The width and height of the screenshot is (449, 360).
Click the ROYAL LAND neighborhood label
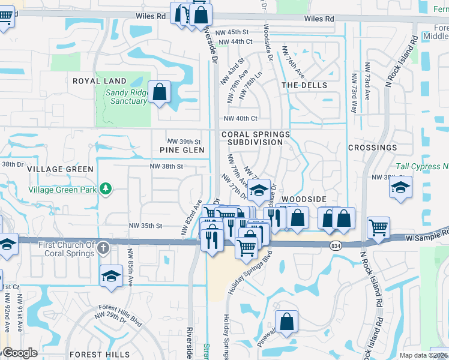100,81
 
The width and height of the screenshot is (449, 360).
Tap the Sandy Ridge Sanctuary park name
126,97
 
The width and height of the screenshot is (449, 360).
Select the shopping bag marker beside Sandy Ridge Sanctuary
160,93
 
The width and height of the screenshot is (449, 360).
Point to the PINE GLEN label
182,150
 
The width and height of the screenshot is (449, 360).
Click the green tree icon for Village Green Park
106,190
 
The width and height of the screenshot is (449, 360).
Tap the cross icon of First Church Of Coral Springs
103,247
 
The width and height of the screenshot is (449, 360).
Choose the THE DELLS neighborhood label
304,85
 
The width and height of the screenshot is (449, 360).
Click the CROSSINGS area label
372,148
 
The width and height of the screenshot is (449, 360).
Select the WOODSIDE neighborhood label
304,199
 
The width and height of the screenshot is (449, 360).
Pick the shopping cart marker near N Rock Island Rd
379,228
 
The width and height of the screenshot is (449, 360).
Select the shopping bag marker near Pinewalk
287,322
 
